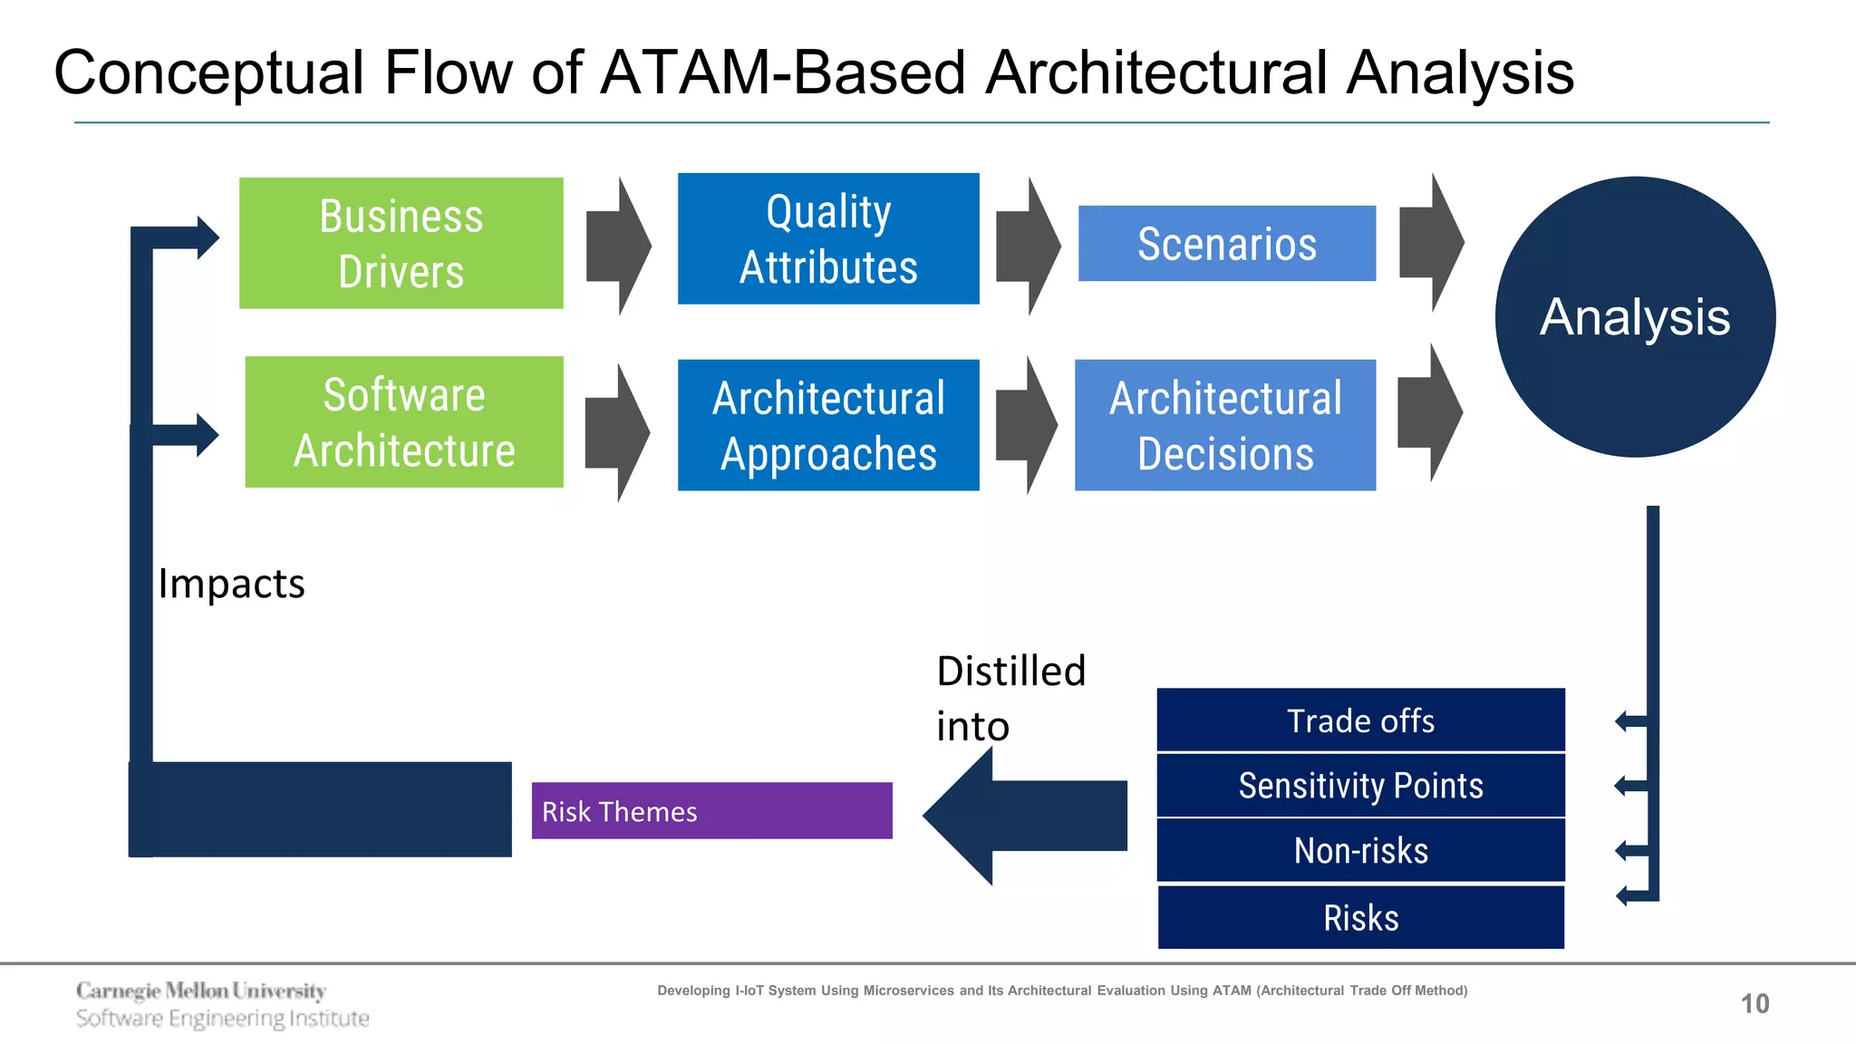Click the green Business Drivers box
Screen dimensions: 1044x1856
point(401,243)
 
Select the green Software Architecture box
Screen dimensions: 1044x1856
point(404,422)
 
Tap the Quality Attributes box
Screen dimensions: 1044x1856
point(828,239)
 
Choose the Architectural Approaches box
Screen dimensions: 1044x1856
point(828,425)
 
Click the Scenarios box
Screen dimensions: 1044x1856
point(1226,244)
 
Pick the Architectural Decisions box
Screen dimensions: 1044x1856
point(1225,425)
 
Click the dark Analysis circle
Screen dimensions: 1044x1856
point(1635,316)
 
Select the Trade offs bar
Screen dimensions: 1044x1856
point(1360,720)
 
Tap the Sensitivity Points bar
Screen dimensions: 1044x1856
point(1360,786)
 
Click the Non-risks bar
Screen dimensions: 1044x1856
point(1360,851)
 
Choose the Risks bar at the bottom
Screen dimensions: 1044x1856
point(1360,918)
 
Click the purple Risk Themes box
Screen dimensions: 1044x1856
point(711,811)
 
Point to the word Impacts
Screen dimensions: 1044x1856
point(231,584)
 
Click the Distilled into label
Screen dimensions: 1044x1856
point(1010,698)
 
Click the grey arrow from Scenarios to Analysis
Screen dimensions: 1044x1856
point(1430,243)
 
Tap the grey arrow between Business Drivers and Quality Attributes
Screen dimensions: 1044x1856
point(617,246)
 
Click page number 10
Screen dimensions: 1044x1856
point(1754,1003)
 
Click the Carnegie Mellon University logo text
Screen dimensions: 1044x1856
point(201,991)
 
